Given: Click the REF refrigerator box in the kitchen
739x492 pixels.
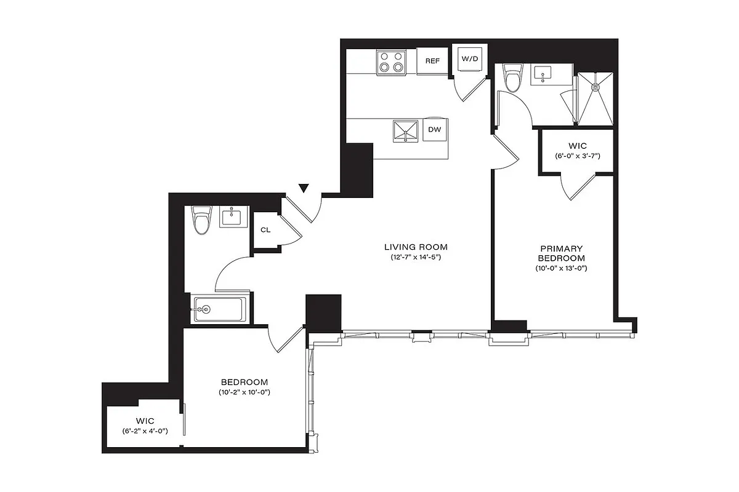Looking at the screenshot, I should tap(432, 61).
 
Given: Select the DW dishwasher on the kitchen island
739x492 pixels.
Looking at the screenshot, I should tap(434, 130).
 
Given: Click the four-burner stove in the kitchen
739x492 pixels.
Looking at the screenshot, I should tap(392, 62).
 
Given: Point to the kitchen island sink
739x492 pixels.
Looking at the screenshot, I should tap(406, 130).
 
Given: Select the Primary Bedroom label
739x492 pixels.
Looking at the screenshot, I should tap(560, 253).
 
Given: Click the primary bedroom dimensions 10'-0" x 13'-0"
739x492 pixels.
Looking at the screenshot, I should tap(560, 268).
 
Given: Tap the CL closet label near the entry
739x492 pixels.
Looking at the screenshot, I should tap(265, 230).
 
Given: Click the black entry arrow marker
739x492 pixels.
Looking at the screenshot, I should tap(303, 188).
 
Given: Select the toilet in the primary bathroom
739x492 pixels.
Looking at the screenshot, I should tap(512, 77).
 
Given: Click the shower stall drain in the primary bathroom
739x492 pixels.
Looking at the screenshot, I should tap(596, 87).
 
